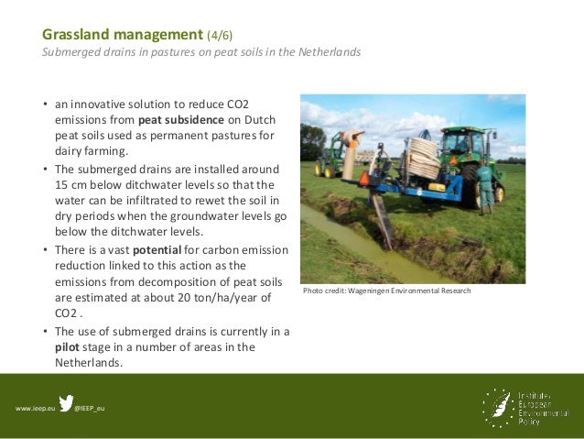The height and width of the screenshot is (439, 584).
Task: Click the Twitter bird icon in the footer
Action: click(67, 403)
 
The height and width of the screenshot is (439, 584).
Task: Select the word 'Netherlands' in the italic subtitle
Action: click(329, 52)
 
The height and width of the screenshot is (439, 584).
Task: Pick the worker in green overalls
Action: click(485, 182)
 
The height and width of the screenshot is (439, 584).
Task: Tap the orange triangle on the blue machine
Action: click(364, 177)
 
